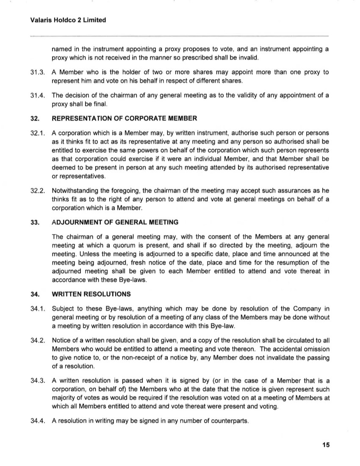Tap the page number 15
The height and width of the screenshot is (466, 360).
(325, 444)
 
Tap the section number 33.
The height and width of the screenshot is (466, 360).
(35, 222)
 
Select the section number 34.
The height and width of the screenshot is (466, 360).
(35, 293)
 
